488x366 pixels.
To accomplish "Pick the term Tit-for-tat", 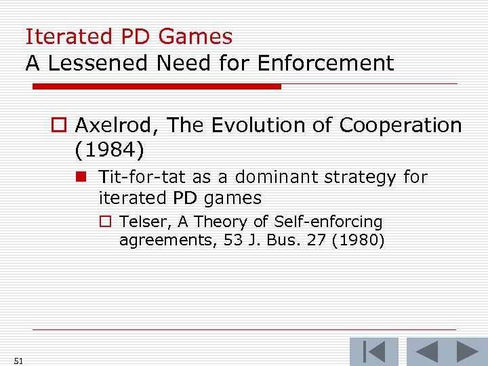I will [x=142, y=178].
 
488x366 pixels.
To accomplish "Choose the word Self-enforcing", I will [x=329, y=222].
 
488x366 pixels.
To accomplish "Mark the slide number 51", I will [x=18, y=361].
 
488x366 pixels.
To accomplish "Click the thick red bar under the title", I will [x=157, y=86].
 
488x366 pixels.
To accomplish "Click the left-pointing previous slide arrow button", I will [x=426, y=352].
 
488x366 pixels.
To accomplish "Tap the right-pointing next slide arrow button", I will [x=467, y=352].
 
